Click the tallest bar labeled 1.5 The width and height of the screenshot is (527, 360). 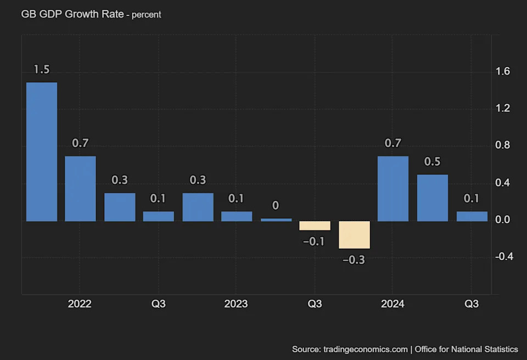(42, 152)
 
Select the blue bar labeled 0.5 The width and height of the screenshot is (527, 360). (433, 198)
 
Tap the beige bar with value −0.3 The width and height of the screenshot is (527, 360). (354, 235)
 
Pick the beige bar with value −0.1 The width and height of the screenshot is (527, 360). (315, 226)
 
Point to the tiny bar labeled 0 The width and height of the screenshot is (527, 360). (276, 220)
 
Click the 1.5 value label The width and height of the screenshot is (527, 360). (42, 70)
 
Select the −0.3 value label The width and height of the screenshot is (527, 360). (354, 260)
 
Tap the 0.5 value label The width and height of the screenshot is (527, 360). (433, 162)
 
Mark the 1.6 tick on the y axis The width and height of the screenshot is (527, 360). (503, 71)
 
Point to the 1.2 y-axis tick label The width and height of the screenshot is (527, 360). (503, 109)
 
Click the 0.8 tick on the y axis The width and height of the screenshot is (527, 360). (503, 145)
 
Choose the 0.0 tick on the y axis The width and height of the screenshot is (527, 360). (503, 220)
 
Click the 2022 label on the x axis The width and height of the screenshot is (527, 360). (80, 304)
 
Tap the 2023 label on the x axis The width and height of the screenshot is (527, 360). (236, 304)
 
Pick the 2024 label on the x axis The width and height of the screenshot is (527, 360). (393, 304)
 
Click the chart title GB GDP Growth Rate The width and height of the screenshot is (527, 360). (72, 14)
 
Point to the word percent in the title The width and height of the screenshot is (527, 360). (147, 15)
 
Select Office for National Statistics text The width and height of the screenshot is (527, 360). (466, 349)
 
